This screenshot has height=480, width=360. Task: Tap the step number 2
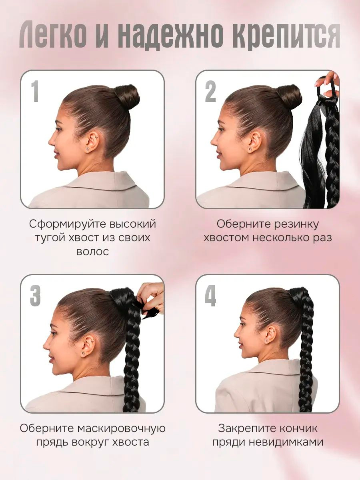pos(210,92)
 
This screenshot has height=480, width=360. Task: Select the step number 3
pos(36,296)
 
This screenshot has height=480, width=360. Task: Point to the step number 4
pos(210,296)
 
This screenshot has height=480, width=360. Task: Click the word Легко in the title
pos(53,34)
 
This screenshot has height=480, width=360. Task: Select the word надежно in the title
pos(171,34)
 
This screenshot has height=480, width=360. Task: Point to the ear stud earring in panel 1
pos(88,149)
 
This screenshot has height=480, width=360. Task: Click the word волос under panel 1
pos(93,252)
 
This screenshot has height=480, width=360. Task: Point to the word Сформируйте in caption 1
pos(68,224)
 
